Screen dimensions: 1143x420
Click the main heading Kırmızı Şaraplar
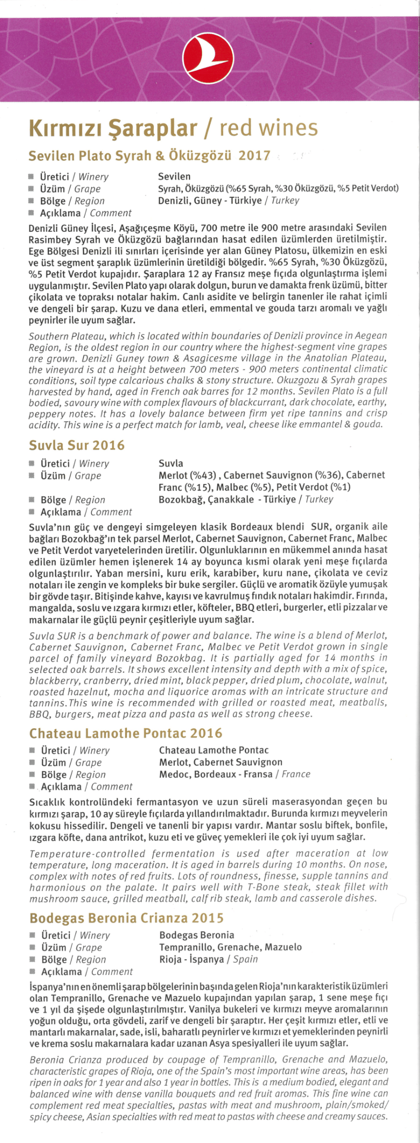click(x=113, y=128)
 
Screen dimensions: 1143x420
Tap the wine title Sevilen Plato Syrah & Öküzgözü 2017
click(x=149, y=156)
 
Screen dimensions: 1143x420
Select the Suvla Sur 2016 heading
click(x=77, y=445)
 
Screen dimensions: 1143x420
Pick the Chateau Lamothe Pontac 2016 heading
click(x=126, y=733)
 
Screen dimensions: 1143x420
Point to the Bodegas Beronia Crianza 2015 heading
click(x=126, y=918)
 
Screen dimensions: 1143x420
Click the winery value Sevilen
click(x=174, y=176)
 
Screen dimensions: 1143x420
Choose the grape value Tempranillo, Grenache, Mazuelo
click(x=231, y=947)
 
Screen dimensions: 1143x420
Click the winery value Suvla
click(x=171, y=463)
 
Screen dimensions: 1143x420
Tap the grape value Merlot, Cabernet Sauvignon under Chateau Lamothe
click(x=221, y=762)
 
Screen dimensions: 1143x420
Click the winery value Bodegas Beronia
click(x=197, y=935)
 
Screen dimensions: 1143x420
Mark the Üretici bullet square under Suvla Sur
click(x=32, y=464)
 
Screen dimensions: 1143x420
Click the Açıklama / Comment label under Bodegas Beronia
click(x=86, y=972)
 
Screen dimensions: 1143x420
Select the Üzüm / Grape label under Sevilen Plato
click(x=70, y=189)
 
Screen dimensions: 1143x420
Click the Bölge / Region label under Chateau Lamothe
click(x=73, y=774)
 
